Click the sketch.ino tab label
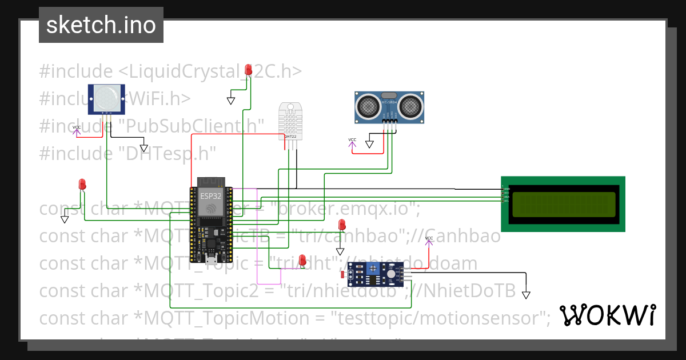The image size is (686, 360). [x=101, y=25]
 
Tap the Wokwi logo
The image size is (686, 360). [x=607, y=315]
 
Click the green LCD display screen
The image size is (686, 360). [x=563, y=205]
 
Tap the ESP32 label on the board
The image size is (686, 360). [x=210, y=195]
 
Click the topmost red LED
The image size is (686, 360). [x=248, y=70]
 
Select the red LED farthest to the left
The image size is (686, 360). [x=82, y=184]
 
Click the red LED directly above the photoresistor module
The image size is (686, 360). [x=342, y=224]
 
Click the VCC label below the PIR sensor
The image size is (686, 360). [x=77, y=127]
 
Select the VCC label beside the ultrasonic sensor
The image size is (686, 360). [x=352, y=140]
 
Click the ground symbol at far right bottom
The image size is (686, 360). [x=526, y=295]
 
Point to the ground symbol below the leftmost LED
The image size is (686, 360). [x=65, y=219]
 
